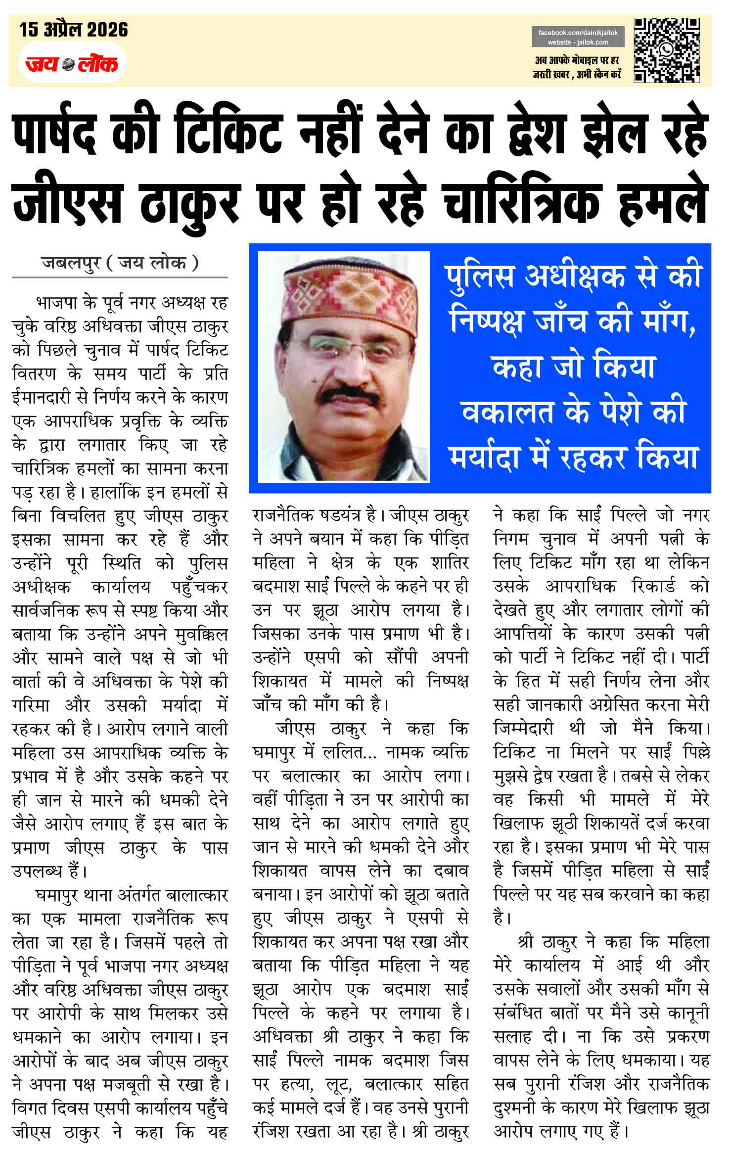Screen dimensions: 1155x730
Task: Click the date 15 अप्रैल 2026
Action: tap(74, 30)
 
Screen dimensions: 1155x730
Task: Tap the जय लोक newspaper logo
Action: tap(72, 64)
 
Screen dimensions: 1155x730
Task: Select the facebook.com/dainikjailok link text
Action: tap(578, 33)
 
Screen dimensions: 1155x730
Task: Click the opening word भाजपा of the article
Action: tap(55, 302)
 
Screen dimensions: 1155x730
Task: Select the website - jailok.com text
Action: tap(578, 42)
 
